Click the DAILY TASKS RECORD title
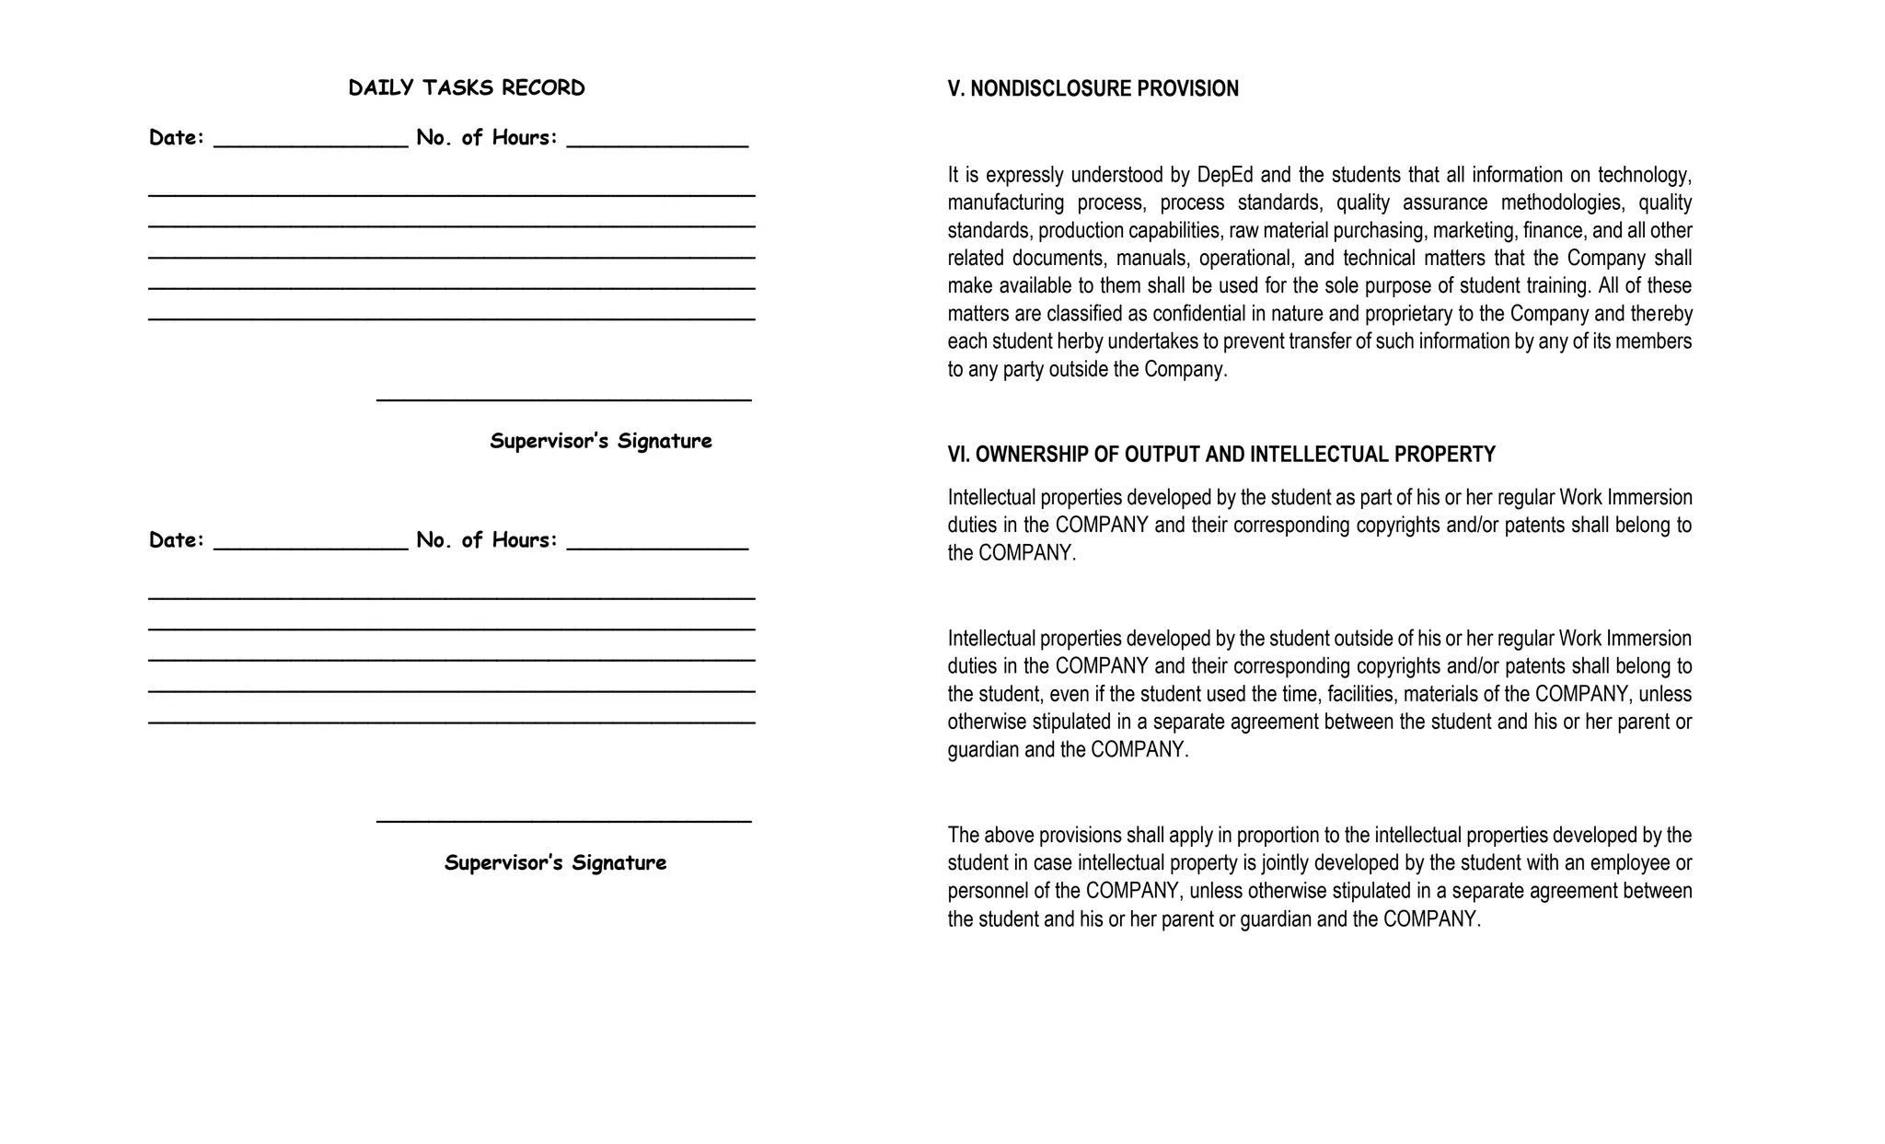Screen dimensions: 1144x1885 pyautogui.click(x=466, y=88)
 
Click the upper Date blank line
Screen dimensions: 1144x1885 pyautogui.click(x=310, y=144)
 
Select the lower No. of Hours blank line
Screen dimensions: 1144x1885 pyautogui.click(x=657, y=548)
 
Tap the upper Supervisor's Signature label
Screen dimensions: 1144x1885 pyautogui.click(x=600, y=441)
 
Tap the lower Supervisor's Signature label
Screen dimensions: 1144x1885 pyautogui.click(x=555, y=863)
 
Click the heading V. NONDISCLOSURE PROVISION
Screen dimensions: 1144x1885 pyautogui.click(x=1093, y=89)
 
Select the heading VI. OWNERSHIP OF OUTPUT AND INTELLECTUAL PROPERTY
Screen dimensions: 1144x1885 pyautogui.click(x=1220, y=455)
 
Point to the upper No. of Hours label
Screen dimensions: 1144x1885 pyautogui.click(x=486, y=138)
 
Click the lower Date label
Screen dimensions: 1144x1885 pyautogui.click(x=176, y=540)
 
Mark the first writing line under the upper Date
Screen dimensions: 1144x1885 pyautogui.click(x=451, y=194)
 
